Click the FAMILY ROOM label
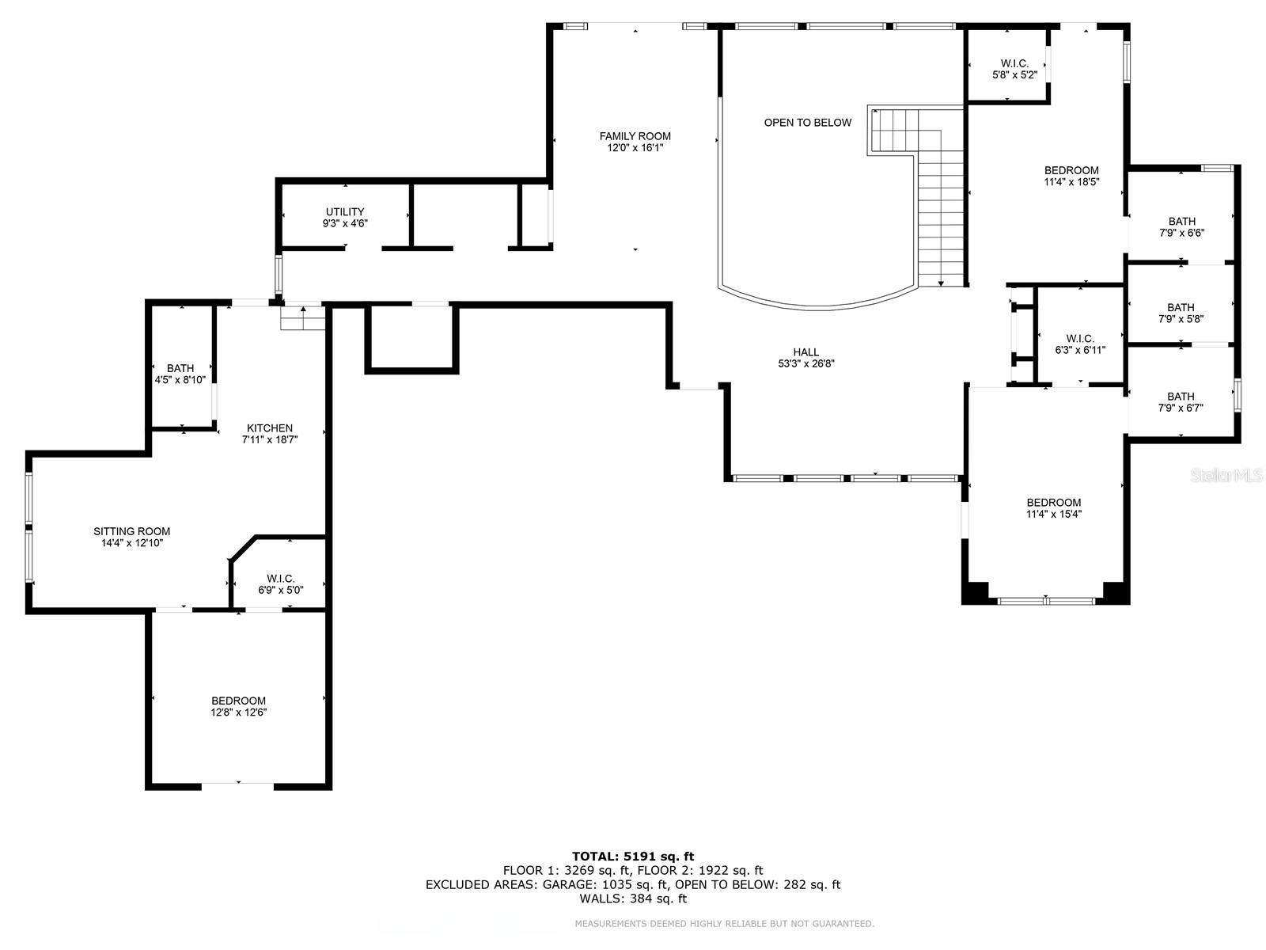tap(635, 136)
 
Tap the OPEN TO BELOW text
tap(808, 122)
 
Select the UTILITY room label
tap(345, 211)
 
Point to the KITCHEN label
tap(269, 428)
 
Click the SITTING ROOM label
tap(131, 531)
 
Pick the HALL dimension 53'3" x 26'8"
tap(805, 363)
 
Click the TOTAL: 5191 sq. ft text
tap(633, 857)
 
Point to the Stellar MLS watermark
tap(1226, 475)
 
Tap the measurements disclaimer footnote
tap(725, 924)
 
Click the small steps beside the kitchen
tap(303, 317)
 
